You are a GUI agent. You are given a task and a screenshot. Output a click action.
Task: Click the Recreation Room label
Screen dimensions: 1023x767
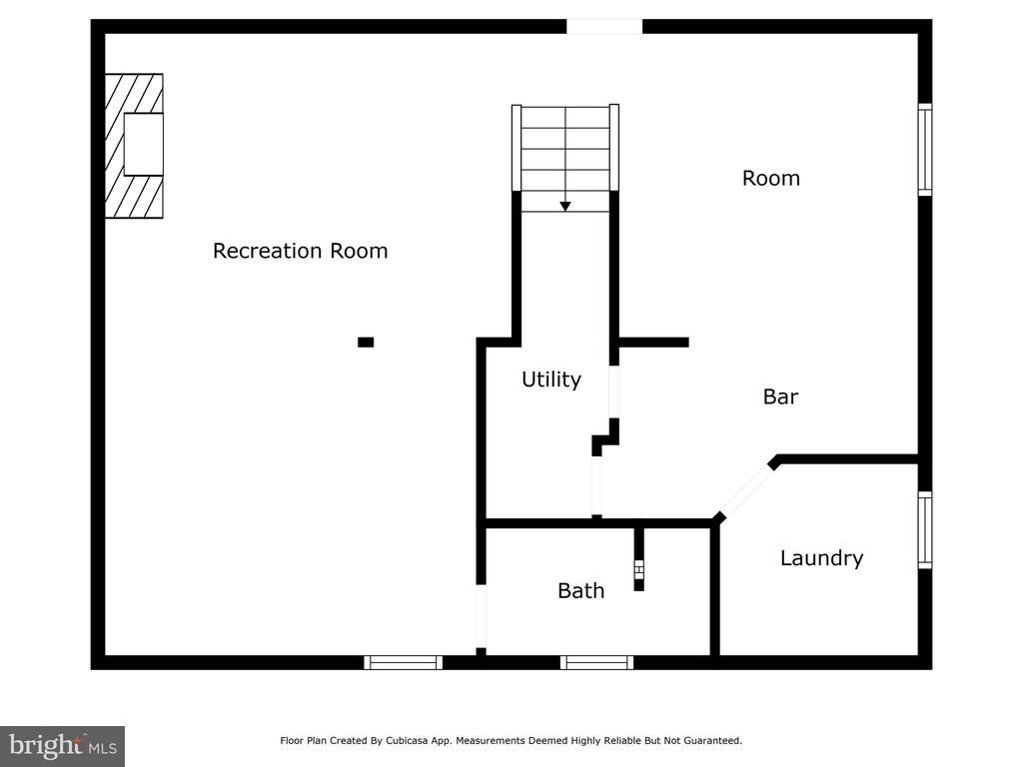coord(300,251)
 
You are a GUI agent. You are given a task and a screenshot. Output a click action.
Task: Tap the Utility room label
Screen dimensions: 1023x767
coord(551,380)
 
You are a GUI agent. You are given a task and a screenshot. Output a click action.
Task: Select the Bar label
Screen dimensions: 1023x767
coord(780,396)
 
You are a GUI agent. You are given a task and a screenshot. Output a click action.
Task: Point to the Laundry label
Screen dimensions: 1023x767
coord(821,558)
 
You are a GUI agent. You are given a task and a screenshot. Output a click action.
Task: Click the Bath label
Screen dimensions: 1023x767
coord(580,591)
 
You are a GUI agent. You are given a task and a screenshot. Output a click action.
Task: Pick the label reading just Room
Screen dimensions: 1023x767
coord(770,178)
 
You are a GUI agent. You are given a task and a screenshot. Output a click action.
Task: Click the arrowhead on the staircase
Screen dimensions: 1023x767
coord(565,206)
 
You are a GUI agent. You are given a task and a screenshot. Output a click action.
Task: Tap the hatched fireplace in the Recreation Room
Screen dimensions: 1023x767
coord(134,146)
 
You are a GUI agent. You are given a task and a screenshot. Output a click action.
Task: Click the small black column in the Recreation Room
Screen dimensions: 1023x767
coord(366,342)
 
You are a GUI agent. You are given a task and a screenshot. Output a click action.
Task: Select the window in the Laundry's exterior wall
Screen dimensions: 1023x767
coord(924,529)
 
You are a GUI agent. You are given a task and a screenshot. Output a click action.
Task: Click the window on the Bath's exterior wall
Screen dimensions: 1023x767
coord(596,663)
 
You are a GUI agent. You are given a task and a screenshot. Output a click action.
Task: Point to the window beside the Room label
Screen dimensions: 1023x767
coord(924,150)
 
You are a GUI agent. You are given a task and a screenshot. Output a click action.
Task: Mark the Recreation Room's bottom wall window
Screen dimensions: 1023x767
coord(403,663)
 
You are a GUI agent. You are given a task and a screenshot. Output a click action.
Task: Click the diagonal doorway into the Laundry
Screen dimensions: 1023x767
coord(745,489)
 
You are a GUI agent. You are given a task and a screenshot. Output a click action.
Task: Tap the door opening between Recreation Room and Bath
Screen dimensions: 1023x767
coord(481,616)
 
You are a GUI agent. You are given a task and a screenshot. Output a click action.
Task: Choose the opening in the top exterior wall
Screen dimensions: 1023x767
coord(604,27)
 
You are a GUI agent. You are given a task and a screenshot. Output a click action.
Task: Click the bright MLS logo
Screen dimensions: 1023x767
coord(62,746)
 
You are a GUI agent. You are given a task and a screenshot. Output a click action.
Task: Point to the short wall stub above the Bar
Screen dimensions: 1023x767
coord(653,343)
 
